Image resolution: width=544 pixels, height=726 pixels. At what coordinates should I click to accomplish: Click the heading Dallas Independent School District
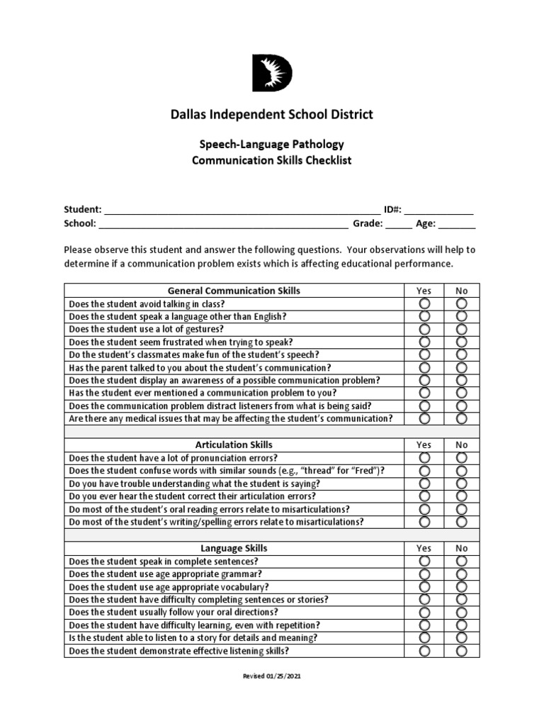272,114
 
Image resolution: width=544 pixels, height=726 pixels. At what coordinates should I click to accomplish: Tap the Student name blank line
242,211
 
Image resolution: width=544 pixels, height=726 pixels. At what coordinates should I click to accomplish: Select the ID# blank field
438,211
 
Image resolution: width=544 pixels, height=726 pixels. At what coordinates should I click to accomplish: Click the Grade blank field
399,224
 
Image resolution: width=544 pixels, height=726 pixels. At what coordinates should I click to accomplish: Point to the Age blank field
457,224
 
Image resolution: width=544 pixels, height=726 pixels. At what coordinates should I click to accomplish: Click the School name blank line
223,224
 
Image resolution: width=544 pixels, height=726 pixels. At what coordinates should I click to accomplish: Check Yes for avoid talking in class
424,303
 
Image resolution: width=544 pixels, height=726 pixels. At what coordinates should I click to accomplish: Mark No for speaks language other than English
462,316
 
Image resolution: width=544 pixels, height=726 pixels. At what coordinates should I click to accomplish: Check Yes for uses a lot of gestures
424,329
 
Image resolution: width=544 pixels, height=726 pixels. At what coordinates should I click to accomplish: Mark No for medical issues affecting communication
462,418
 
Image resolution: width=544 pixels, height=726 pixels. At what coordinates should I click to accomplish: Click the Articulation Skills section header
233,445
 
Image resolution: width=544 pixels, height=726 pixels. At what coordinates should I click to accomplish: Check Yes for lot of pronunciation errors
424,458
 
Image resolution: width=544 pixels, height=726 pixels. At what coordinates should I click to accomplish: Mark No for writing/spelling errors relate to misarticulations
462,522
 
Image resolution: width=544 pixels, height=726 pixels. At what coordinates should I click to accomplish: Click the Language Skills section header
233,548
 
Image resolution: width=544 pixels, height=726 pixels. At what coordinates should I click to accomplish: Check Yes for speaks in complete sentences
424,562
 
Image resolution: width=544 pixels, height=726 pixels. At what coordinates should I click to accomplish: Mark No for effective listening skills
462,650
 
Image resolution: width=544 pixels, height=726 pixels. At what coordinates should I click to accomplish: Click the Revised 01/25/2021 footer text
272,676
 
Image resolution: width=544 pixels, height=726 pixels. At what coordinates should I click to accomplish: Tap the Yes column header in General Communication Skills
424,291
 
